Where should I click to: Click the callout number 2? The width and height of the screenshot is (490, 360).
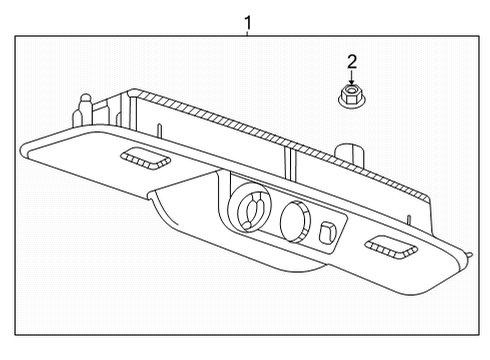pyautogui.click(x=352, y=62)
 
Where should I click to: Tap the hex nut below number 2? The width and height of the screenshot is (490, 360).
pyautogui.click(x=352, y=98)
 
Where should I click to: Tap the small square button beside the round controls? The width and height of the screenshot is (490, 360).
pyautogui.click(x=328, y=233)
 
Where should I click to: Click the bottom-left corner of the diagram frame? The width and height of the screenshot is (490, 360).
pyautogui.click(x=17, y=337)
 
